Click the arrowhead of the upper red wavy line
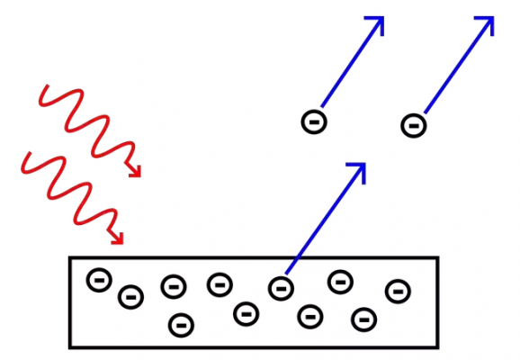137,171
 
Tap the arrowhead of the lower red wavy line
117,238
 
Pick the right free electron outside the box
412,124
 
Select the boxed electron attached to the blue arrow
281,287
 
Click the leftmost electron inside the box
98,280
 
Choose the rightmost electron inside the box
397,291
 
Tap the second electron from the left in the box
131,295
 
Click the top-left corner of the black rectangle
71,259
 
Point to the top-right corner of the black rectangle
439,259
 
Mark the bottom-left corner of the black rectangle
71,346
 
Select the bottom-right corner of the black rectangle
439,346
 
